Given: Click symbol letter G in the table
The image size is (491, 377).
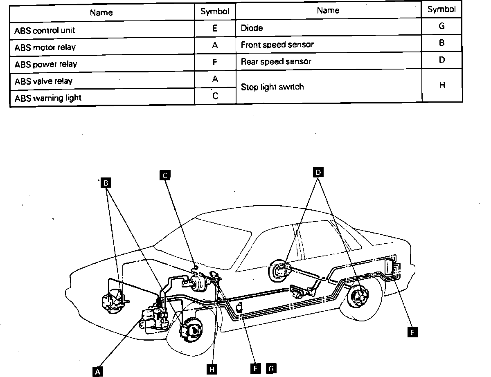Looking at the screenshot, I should [441, 26].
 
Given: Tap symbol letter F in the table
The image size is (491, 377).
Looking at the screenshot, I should [215, 63].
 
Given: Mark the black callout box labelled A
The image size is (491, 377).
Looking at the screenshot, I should [97, 371].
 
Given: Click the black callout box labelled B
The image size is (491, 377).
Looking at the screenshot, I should [106, 183].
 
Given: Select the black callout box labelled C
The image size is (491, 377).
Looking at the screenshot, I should [164, 175].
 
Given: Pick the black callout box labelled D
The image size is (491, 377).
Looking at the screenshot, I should [318, 172].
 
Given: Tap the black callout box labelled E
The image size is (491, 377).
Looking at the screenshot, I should [413, 332].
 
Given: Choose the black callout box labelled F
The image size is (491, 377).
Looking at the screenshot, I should [255, 368].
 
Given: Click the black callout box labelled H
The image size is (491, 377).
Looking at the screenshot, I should [211, 369].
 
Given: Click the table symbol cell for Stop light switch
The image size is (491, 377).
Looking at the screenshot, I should [441, 86].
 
